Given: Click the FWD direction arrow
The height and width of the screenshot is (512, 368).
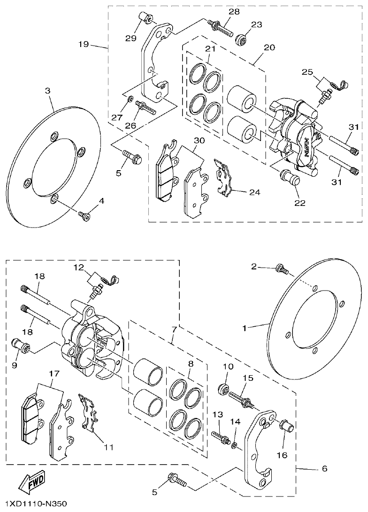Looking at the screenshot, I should tap(32, 480).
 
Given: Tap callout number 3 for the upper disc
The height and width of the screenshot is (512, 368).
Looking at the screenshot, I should tap(48, 90).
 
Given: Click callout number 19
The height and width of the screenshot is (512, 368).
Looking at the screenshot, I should tap(84, 45).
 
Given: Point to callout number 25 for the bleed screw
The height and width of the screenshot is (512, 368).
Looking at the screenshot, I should tap(307, 72).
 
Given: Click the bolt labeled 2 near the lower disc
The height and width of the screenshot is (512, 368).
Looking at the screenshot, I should tap(282, 269).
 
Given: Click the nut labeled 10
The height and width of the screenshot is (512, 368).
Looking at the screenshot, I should tap(224, 390).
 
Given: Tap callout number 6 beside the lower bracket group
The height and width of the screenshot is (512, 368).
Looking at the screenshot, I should tap(324, 468).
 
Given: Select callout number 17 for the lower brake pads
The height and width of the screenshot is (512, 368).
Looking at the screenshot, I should tap(54, 374).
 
